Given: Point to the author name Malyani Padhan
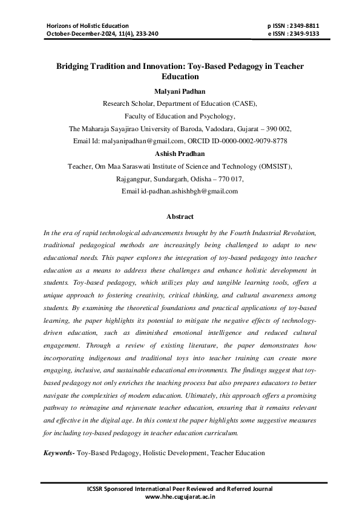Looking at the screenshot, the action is [x=180, y=91].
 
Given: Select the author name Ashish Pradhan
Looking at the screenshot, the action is [x=180, y=154].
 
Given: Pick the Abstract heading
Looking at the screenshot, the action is [x=180, y=216].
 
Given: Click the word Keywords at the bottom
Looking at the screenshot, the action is [x=58, y=452].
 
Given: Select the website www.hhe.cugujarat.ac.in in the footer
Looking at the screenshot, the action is [x=180, y=497].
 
